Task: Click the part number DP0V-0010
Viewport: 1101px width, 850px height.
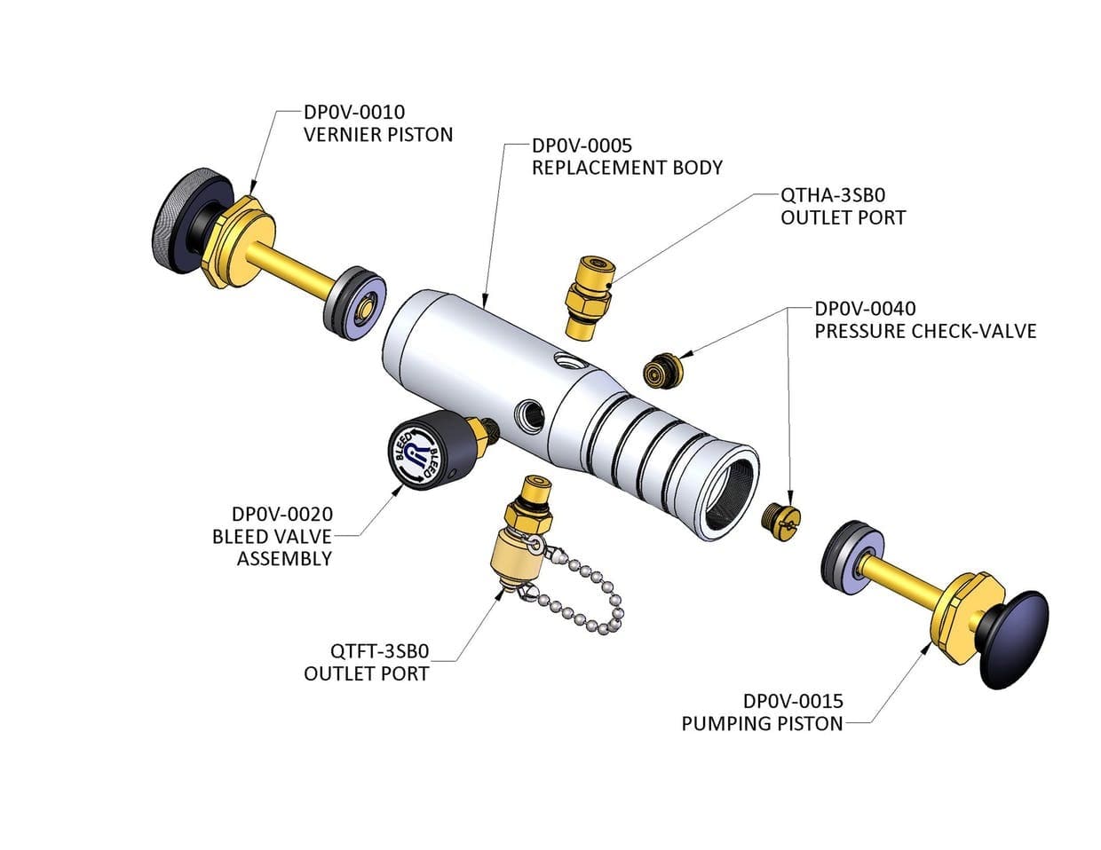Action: tap(354, 113)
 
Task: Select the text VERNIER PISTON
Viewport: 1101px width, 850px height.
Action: tap(378, 135)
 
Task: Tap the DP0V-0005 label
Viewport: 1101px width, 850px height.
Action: tap(582, 145)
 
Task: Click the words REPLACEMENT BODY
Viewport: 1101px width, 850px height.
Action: tap(627, 167)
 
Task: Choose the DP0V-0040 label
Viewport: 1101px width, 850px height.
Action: tap(865, 309)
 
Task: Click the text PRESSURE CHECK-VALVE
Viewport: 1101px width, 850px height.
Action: tap(925, 331)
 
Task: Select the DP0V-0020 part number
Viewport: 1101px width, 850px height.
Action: tap(281, 514)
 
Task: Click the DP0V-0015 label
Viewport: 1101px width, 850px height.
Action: tap(793, 701)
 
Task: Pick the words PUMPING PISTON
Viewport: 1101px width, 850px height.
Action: tap(762, 723)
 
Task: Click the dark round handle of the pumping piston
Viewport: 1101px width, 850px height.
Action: tap(1014, 638)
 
